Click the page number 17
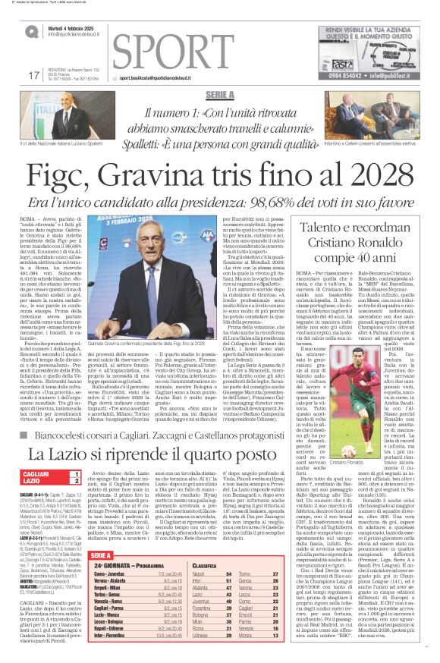point(33,75)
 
